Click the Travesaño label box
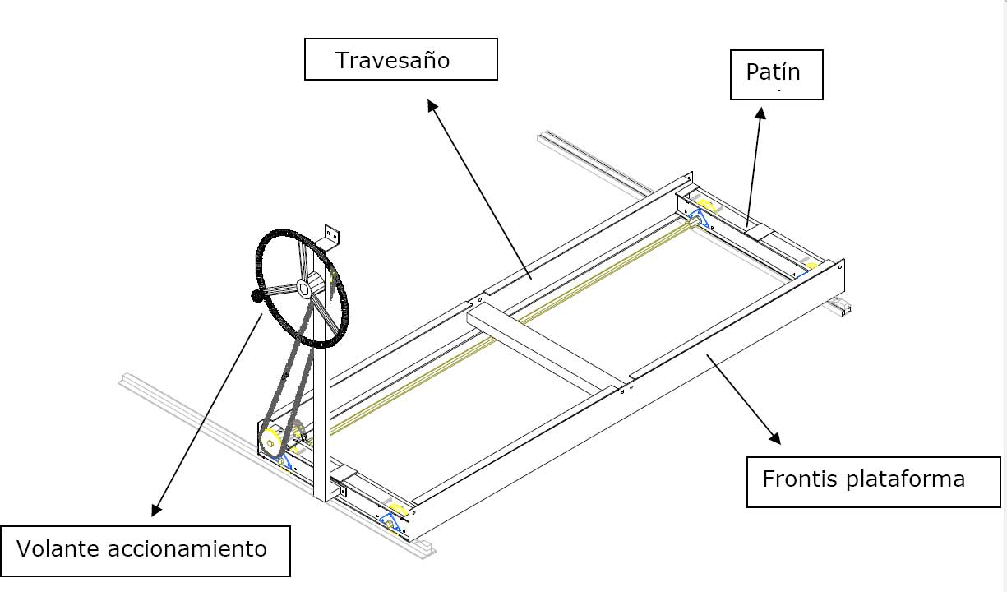pos(400,59)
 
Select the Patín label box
pos(776,75)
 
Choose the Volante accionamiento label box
pos(146,550)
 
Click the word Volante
pos(58,549)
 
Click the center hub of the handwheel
pos(303,288)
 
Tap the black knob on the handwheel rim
pos(256,296)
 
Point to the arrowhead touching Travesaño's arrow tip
pos(431,104)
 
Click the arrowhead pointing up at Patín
pos(761,114)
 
